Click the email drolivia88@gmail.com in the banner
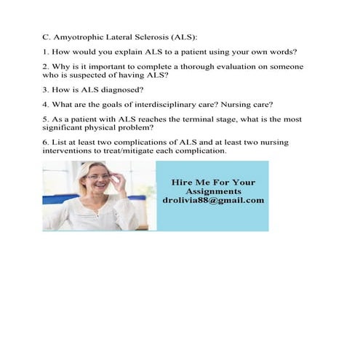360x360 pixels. pyautogui.click(x=213, y=201)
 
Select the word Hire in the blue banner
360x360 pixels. pyautogui.click(x=180, y=182)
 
